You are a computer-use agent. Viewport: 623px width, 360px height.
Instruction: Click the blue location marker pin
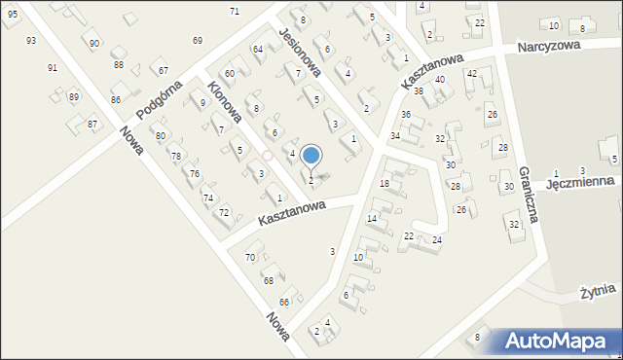[x=311, y=156]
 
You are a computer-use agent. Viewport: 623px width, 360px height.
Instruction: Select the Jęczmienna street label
[x=579, y=182]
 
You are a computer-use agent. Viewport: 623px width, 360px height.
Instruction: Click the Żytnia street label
[x=598, y=290]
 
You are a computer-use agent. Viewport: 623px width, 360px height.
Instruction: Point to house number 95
[x=12, y=14]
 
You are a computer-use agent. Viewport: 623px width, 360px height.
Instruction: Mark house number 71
[x=235, y=11]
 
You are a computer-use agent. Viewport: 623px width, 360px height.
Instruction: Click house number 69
[x=198, y=40]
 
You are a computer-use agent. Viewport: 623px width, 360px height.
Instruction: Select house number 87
[x=92, y=124]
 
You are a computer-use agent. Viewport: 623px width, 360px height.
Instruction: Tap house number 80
[x=161, y=135]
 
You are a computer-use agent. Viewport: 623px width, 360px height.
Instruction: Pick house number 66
[x=284, y=302]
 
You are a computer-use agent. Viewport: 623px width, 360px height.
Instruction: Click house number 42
[x=472, y=74]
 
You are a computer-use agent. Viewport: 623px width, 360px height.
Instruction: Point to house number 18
[x=385, y=184]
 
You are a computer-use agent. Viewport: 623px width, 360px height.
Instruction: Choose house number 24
[x=438, y=239]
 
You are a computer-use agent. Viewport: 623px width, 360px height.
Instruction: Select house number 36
[x=406, y=115]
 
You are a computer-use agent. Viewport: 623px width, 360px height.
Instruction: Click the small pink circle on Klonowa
[x=268, y=155]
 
